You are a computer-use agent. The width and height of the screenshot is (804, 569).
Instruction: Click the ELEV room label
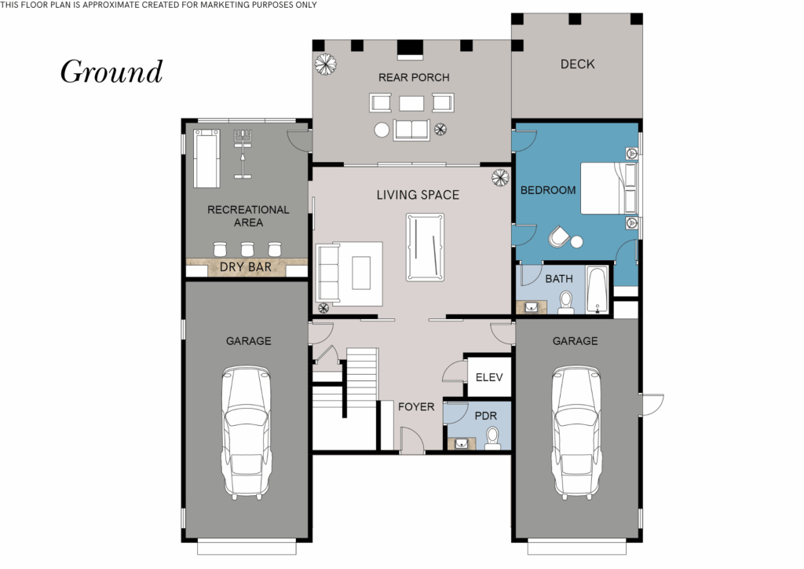click(488, 378)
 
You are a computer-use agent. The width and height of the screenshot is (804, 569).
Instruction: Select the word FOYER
click(415, 407)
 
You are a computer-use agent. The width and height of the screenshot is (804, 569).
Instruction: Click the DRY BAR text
click(246, 267)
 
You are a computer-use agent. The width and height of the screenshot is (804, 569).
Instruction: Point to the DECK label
click(577, 64)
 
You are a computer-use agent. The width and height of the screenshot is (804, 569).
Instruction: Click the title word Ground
click(111, 72)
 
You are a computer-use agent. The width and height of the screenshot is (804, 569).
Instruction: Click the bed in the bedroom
click(608, 188)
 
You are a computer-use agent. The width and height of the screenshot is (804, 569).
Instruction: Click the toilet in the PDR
click(492, 437)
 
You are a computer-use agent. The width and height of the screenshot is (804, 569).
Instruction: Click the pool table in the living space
click(424, 247)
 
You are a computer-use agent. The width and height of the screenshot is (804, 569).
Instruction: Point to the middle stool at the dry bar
click(247, 249)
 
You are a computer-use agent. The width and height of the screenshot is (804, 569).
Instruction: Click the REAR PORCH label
click(414, 77)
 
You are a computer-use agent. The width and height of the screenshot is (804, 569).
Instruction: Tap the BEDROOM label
click(548, 190)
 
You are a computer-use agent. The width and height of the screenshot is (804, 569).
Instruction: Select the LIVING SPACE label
click(417, 195)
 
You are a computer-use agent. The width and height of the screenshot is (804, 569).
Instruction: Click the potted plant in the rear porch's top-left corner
click(323, 63)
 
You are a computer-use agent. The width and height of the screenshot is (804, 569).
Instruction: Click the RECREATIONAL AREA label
click(248, 216)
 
